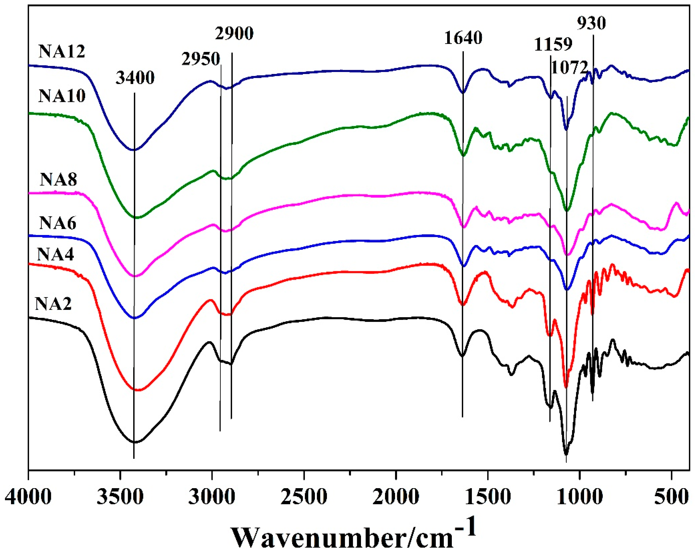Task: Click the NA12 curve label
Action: coord(62,52)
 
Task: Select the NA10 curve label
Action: coord(62,96)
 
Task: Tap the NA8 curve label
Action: coord(59,180)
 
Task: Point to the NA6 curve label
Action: coord(58,223)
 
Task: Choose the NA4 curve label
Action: coord(55,254)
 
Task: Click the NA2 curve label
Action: coord(53,304)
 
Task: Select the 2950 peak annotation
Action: coord(201,59)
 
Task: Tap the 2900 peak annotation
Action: coord(234,34)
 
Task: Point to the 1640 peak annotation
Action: coord(463,38)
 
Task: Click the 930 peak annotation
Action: coord(591,23)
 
